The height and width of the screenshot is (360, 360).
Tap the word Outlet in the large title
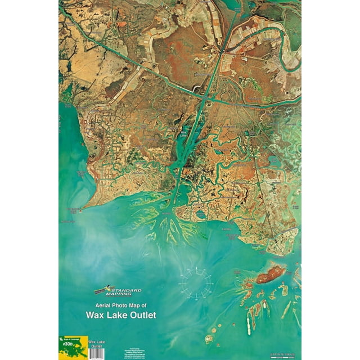click(x=141, y=315)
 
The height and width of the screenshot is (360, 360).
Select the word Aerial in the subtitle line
click(x=97, y=305)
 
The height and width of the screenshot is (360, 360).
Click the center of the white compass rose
click(x=195, y=282)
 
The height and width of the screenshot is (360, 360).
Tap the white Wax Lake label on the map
click(x=183, y=136)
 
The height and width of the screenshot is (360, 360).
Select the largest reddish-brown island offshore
click(x=271, y=274)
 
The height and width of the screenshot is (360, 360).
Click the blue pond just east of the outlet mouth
click(x=201, y=214)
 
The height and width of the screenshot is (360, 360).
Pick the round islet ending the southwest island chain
click(x=209, y=339)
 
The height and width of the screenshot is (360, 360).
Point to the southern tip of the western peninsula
click(x=80, y=210)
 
